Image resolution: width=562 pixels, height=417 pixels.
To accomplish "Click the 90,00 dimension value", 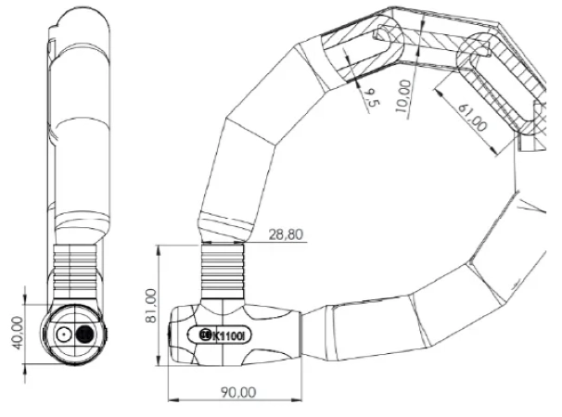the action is point(238,392).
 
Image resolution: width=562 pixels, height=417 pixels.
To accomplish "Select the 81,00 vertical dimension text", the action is point(151,306).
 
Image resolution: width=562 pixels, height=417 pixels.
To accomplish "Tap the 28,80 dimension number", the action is point(286,234).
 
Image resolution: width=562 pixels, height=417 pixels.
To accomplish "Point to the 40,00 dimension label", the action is point(17,334).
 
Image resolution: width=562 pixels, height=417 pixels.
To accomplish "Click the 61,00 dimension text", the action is point(473,117).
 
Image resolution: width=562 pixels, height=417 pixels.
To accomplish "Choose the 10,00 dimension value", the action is point(403,95).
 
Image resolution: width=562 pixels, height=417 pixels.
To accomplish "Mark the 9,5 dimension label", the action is point(371,98).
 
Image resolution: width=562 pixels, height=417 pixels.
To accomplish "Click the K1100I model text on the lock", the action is point(228,336).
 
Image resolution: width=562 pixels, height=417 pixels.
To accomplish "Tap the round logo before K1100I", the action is point(205,335).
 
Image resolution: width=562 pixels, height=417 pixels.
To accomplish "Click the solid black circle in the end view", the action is point(85,335).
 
